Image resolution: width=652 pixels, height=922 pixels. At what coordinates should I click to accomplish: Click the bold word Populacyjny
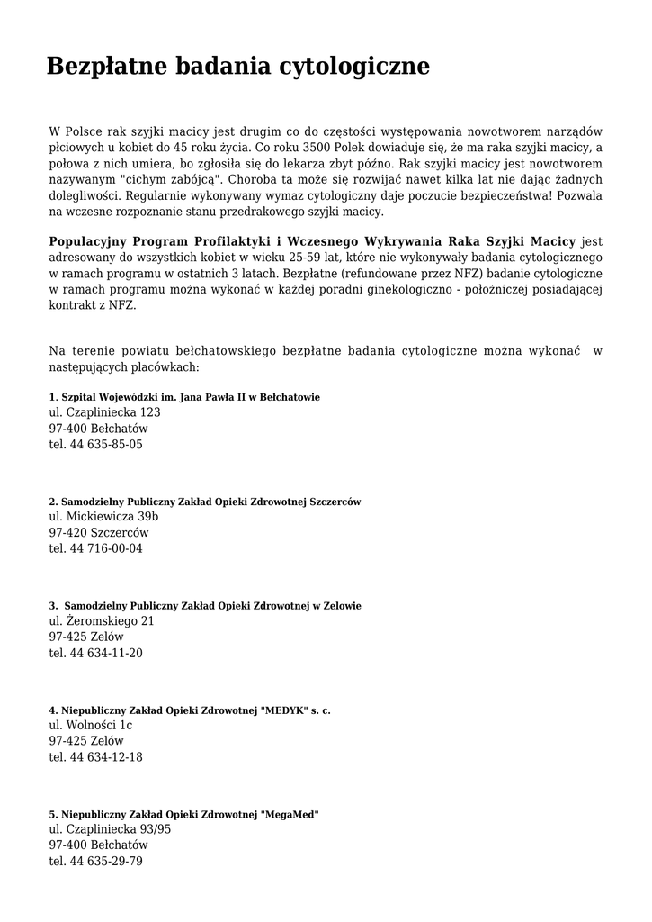click(88, 241)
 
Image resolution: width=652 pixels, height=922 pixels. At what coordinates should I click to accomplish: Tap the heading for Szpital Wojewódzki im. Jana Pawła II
click(184, 397)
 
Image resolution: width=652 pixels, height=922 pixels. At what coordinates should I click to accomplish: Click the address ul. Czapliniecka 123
click(105, 412)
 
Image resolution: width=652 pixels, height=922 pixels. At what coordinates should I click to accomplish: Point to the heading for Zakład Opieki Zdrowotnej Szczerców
click(205, 502)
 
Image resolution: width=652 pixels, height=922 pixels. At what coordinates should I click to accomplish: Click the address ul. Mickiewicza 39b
click(103, 517)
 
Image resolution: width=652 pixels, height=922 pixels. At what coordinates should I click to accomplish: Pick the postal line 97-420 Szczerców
click(99, 533)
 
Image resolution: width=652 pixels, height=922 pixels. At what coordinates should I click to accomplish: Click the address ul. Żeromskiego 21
click(102, 621)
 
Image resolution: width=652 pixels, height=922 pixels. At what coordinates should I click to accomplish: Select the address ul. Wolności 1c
click(91, 726)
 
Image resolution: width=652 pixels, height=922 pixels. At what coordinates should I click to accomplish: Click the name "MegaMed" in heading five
click(289, 814)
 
